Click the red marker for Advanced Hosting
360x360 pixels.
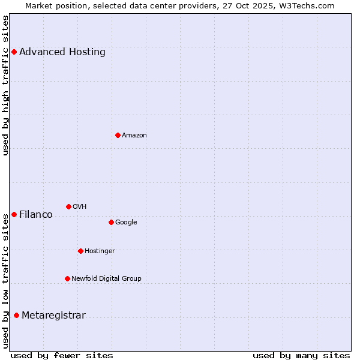coord(14,52)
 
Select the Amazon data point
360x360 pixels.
coord(118,135)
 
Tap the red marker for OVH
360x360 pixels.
coord(68,206)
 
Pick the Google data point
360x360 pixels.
coord(111,222)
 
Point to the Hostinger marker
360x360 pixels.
coord(80,251)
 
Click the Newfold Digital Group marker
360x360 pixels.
coord(67,278)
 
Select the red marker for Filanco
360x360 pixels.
coord(14,214)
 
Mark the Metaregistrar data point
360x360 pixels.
coord(16,315)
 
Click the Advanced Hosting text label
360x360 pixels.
coord(62,52)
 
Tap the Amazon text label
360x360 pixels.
coord(134,136)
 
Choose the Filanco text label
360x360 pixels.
coord(36,215)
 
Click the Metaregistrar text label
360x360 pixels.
coord(54,316)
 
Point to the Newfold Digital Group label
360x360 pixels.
coord(107,278)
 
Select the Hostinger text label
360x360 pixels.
coord(100,251)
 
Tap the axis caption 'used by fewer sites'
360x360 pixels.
coord(62,355)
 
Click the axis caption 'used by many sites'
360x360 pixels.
coord(301,355)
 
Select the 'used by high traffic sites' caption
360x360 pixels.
coord(6,85)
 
